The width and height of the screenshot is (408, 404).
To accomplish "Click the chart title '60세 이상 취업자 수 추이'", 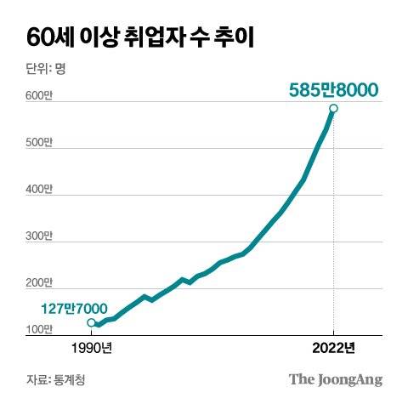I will click(x=139, y=37).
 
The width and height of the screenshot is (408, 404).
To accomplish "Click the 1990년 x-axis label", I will click(x=91, y=348).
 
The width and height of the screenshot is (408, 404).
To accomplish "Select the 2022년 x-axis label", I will click(x=333, y=348).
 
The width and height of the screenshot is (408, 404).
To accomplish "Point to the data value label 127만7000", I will click(x=73, y=308).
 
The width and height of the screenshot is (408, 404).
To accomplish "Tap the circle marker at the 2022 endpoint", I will click(x=334, y=109).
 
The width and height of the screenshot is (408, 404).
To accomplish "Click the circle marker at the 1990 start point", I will click(x=92, y=322).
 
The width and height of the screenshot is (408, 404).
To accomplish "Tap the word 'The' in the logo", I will click(x=300, y=378).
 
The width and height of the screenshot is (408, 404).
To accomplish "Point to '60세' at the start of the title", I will click(x=47, y=37).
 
